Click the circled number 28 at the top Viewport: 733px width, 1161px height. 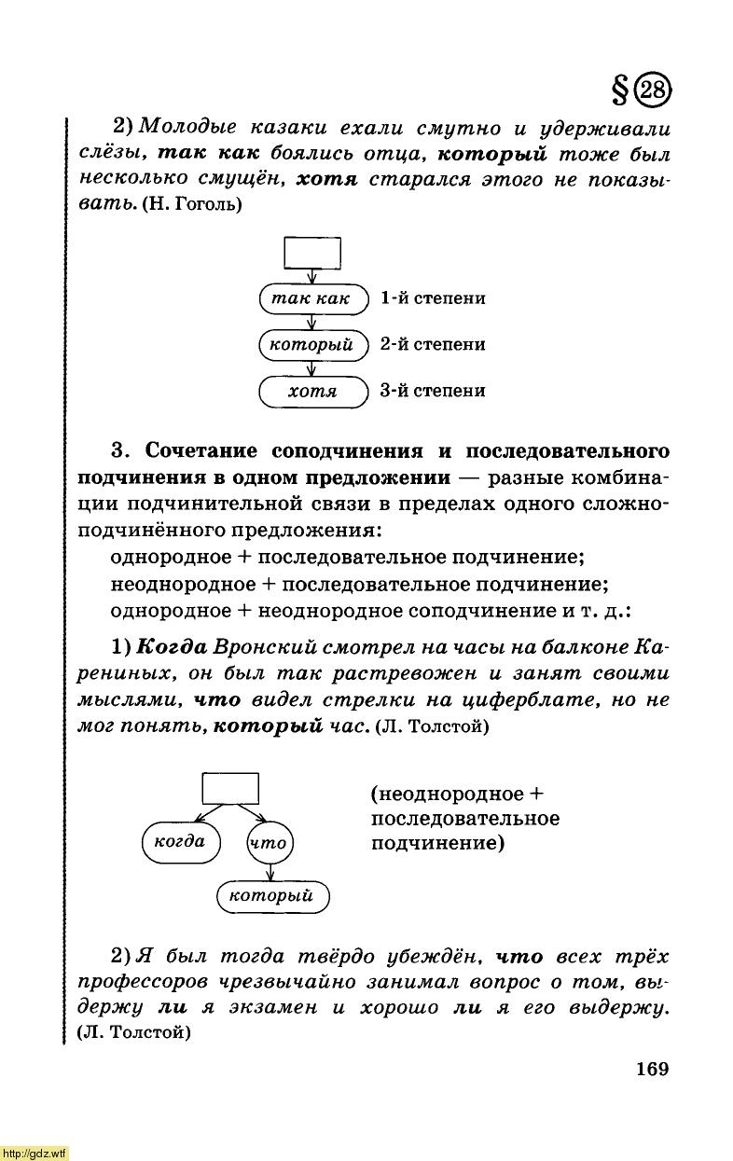(655, 91)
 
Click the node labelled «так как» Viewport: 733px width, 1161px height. (312, 298)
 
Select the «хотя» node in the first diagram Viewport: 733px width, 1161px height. (312, 391)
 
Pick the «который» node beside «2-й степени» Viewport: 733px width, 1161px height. (312, 345)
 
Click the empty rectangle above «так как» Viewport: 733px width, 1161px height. (312, 252)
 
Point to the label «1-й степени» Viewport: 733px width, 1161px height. (433, 298)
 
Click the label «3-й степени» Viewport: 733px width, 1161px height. (433, 391)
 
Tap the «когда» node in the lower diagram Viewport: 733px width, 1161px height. (179, 842)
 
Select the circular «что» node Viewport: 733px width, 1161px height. (270, 843)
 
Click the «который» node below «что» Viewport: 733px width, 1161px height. (272, 896)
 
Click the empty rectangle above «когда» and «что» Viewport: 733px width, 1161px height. (230, 788)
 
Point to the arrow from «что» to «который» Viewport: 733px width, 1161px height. (270, 872)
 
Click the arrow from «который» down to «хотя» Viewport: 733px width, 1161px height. (312, 367)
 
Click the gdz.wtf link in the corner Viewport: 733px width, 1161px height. (35, 1153)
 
